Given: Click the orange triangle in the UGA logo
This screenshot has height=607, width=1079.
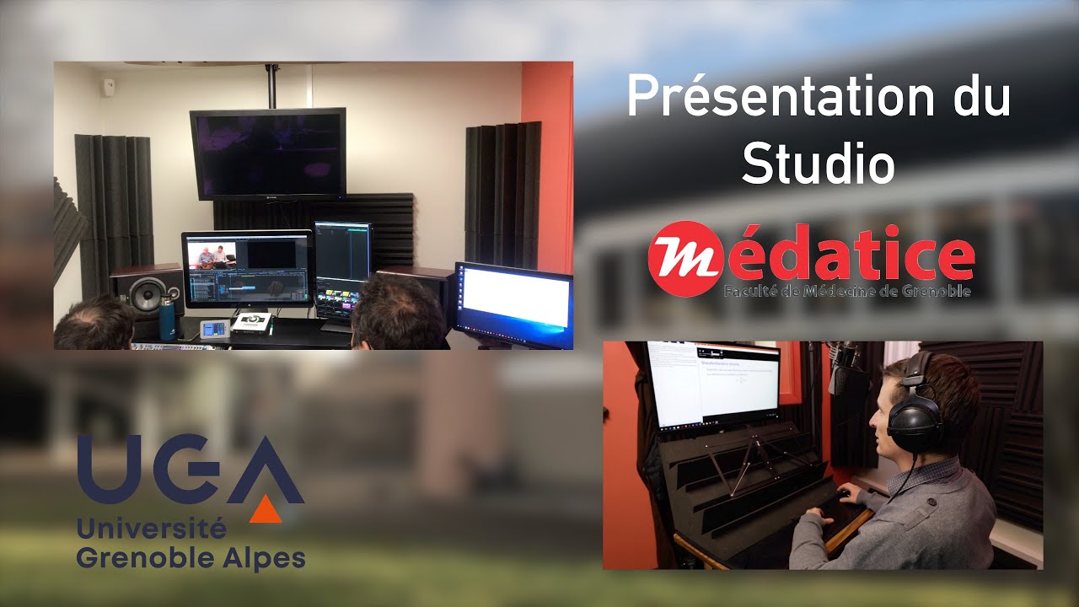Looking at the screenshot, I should pos(266,508).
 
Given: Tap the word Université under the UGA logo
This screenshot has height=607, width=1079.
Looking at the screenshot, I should pos(152,529).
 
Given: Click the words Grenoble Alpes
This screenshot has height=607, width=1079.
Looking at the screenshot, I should pos(191,557).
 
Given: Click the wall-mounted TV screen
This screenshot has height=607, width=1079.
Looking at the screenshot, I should pos(268,153).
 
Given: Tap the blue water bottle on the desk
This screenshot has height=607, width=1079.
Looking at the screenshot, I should pos(167,320).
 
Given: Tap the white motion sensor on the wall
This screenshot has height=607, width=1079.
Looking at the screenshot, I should pos(108,86).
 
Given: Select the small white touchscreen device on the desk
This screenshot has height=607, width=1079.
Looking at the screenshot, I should pos(213,329).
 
